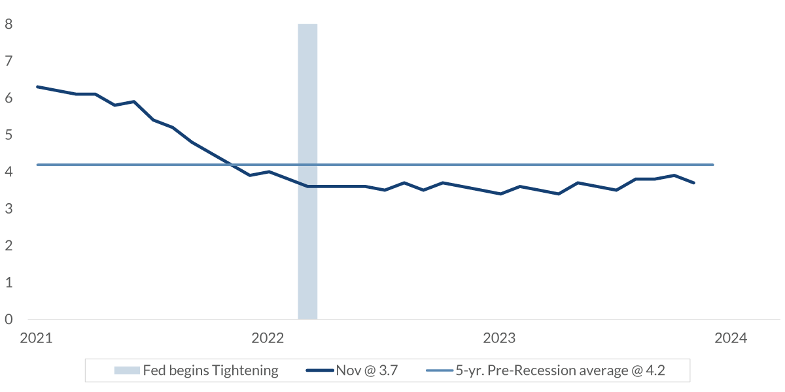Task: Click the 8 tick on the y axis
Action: point(9,24)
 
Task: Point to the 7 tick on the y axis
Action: point(9,61)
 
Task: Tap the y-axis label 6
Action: point(9,98)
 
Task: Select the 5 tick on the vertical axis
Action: point(9,135)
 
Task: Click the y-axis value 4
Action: point(9,172)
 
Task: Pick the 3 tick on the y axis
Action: point(9,209)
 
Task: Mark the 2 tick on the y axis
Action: point(9,246)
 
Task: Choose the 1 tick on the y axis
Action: point(9,283)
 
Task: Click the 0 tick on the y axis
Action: point(9,319)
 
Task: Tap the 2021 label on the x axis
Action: point(37,338)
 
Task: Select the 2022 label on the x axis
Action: point(268,338)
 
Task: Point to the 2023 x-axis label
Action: point(500,338)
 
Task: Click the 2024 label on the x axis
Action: point(731,338)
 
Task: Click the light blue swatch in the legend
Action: point(127,371)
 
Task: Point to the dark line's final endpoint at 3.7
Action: point(693,183)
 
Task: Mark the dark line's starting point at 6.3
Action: point(37,87)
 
